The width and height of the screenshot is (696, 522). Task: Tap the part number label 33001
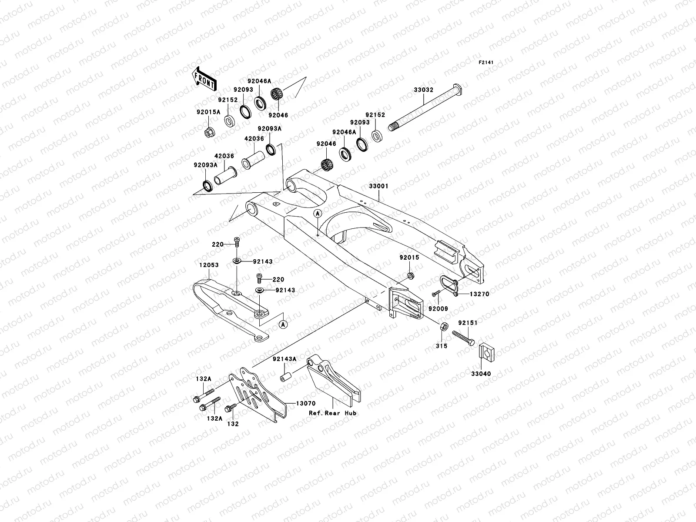click(378, 186)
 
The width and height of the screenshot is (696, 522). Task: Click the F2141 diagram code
click(487, 63)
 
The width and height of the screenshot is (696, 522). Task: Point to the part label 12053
click(209, 265)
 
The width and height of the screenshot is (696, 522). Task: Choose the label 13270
click(479, 294)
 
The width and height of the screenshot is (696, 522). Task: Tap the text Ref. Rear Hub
click(333, 413)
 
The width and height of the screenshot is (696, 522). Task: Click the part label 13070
click(306, 403)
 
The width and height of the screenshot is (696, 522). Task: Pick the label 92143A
click(284, 359)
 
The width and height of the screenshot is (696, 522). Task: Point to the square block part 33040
click(487, 352)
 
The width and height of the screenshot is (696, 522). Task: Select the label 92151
click(467, 323)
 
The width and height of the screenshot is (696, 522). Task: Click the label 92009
click(438, 309)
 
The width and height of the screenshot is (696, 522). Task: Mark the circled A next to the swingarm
click(318, 213)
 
